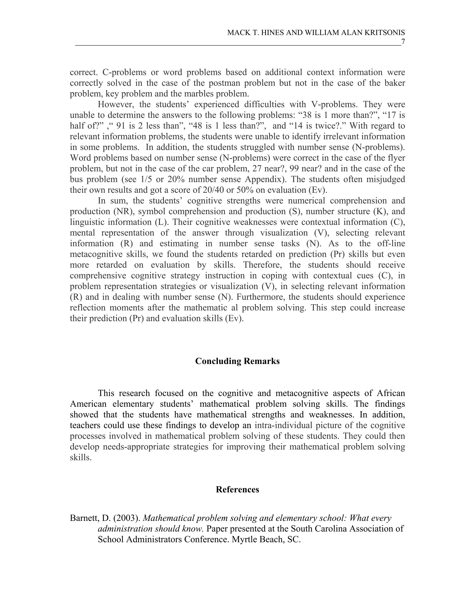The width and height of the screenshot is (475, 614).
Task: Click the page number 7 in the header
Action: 403,42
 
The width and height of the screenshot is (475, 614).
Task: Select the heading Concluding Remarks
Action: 237,361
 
